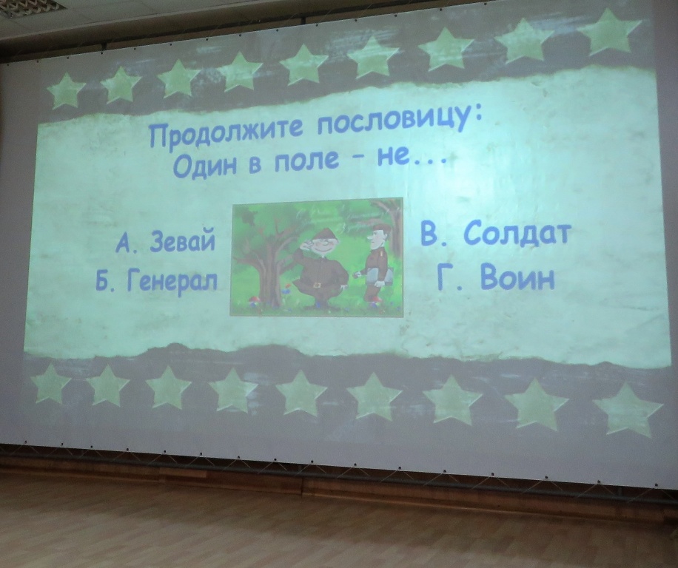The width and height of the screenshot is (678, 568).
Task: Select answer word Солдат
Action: coord(514,235)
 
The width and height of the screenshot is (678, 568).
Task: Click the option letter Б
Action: coord(104,283)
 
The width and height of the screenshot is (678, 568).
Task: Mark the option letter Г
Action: coord(446,278)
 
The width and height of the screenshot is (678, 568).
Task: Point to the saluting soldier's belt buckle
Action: coord(318,285)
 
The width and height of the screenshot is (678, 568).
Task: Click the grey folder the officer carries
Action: coord(380,276)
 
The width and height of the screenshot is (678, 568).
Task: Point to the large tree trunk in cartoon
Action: coord(268,273)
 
